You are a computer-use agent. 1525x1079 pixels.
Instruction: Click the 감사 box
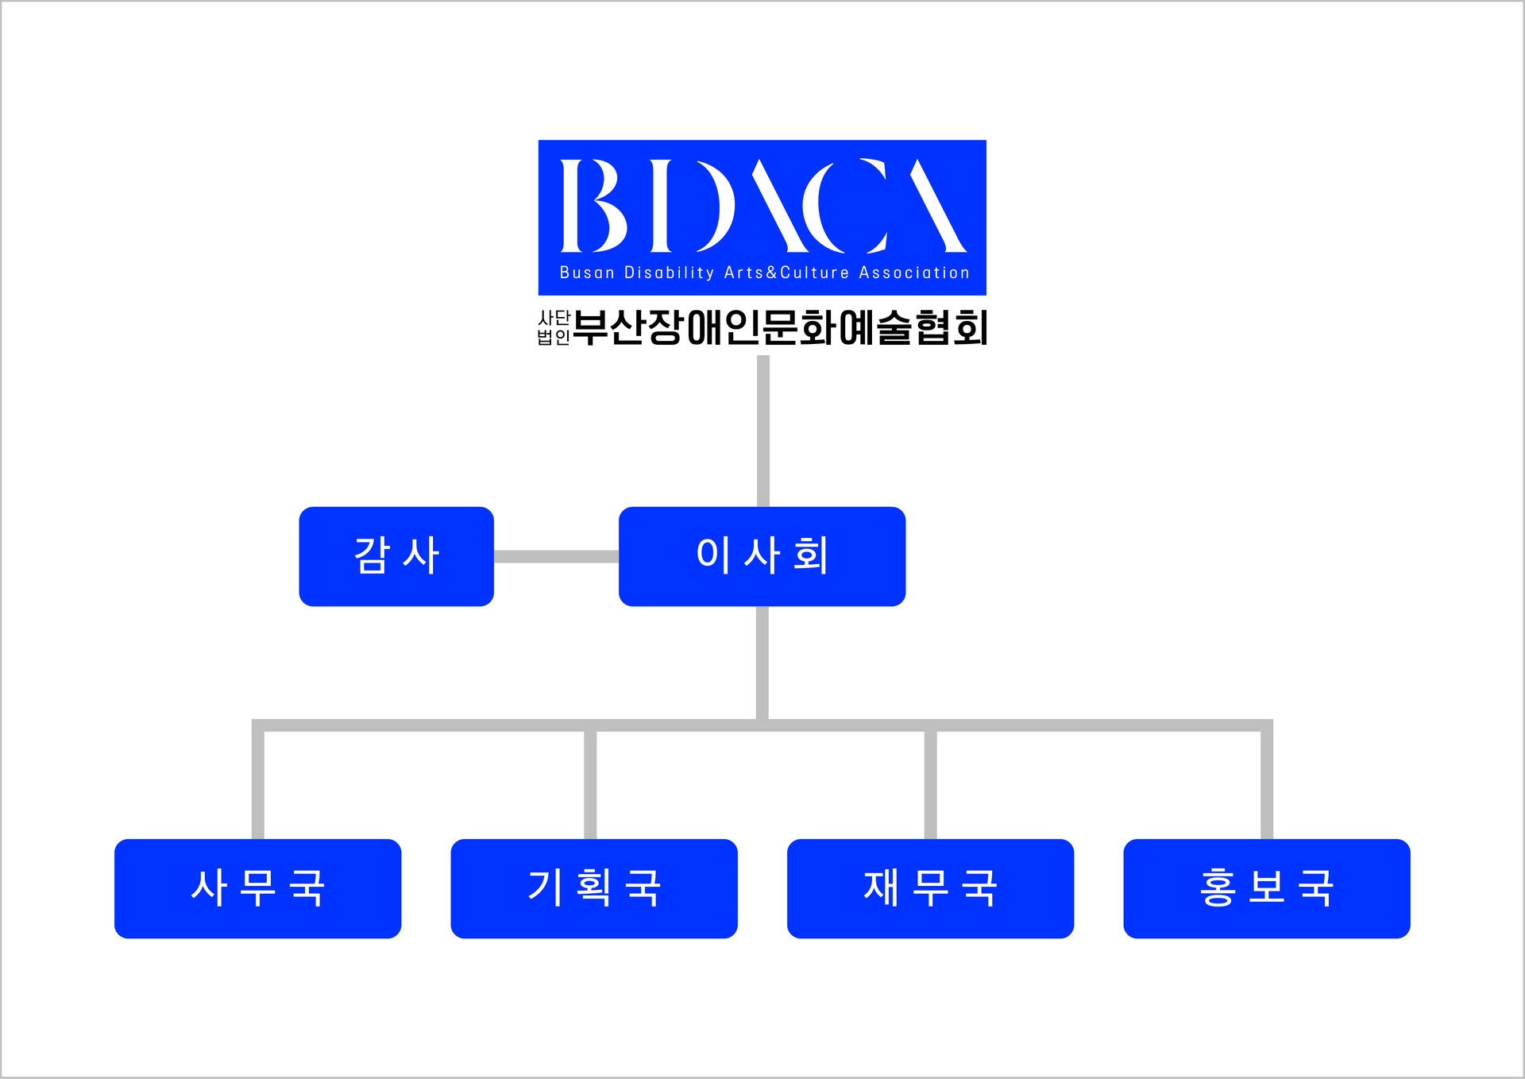(x=396, y=556)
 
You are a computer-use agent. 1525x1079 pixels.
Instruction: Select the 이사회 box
(x=762, y=556)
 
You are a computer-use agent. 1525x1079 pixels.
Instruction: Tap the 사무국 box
(x=257, y=888)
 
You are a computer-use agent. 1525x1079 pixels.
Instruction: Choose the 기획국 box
(x=594, y=888)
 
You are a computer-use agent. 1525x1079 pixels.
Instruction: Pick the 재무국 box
(x=930, y=888)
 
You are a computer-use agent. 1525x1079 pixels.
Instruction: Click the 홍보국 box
(x=1267, y=888)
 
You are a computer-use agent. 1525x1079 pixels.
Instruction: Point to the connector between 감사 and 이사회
(x=556, y=556)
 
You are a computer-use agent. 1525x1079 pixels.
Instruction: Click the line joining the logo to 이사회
(x=763, y=431)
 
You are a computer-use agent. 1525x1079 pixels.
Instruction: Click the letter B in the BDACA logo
(x=593, y=205)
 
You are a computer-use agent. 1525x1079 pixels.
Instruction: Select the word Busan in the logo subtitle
(x=587, y=273)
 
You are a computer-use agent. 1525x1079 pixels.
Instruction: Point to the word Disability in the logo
(x=669, y=273)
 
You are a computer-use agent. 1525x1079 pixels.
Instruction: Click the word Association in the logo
(x=914, y=273)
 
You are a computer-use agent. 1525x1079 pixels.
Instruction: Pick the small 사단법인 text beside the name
(x=554, y=327)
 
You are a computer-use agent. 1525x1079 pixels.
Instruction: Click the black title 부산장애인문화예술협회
(x=780, y=327)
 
